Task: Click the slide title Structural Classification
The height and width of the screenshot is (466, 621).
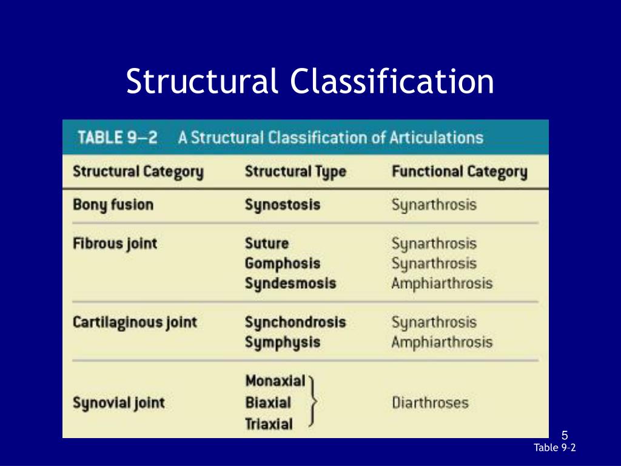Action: [x=310, y=82]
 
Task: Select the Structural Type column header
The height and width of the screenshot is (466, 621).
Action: [x=295, y=172]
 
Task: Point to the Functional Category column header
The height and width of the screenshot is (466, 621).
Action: [x=459, y=172]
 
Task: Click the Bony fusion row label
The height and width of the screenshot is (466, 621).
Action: [x=113, y=204]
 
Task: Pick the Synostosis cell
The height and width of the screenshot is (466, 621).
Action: [x=282, y=204]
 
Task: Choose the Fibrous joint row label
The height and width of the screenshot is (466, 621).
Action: [x=115, y=244]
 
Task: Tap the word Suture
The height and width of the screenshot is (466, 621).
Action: [x=267, y=244]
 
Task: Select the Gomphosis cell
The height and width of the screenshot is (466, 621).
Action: [x=282, y=264]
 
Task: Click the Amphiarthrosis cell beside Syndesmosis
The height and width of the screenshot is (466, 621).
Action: [x=441, y=283]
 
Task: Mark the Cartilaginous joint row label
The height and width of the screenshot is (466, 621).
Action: [x=135, y=322]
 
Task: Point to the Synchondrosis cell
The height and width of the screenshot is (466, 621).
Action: [x=295, y=322]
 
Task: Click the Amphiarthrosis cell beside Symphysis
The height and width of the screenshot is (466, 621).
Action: [x=441, y=342]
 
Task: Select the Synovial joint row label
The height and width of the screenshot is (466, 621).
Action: [x=118, y=402]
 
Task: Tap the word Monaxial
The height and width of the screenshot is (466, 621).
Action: [x=275, y=381]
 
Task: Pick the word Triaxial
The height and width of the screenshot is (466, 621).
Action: [x=269, y=424]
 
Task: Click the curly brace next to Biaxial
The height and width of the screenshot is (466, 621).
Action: [x=313, y=402]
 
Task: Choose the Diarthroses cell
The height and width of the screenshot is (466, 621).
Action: [x=430, y=402]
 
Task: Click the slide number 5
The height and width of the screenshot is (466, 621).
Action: [x=565, y=435]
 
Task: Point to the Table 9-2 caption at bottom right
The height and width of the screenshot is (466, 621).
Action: [x=554, y=448]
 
